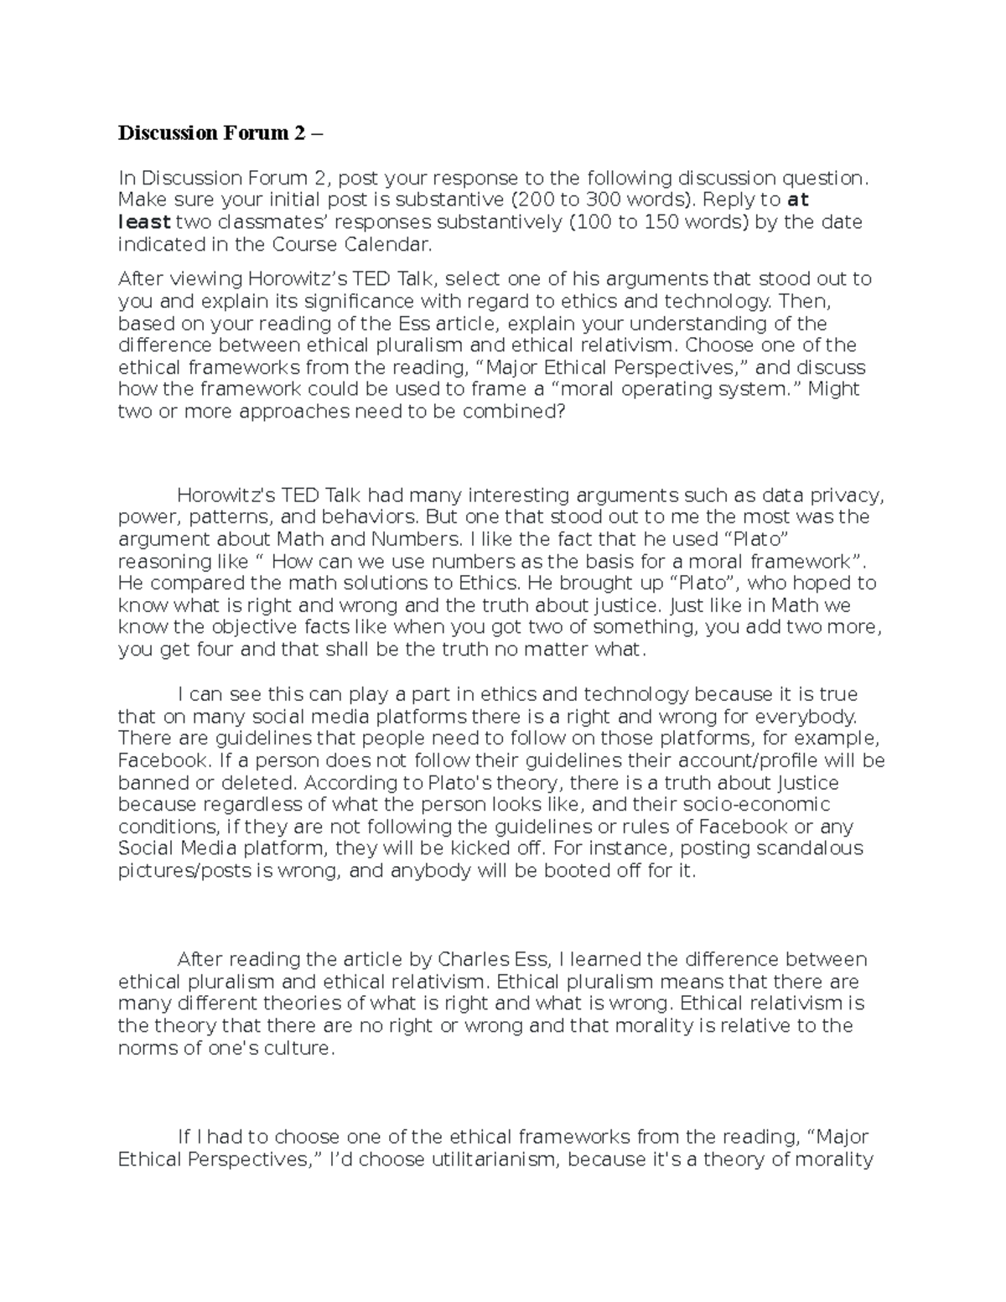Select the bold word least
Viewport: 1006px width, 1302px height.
point(144,222)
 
